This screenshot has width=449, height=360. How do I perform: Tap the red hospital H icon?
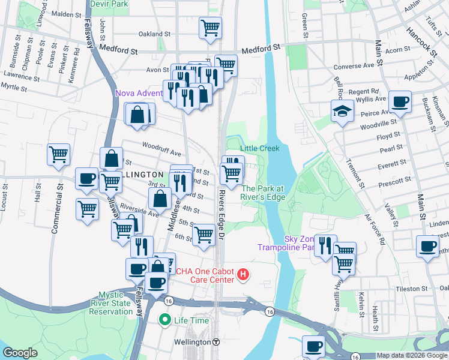point(243,275)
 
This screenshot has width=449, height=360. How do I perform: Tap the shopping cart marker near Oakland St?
point(210,28)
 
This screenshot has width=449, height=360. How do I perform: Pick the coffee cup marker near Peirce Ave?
point(400,102)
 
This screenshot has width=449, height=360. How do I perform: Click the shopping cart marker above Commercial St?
point(59,155)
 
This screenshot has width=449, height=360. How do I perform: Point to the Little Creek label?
point(260,148)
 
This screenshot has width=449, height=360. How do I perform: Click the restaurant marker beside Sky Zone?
point(325,246)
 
